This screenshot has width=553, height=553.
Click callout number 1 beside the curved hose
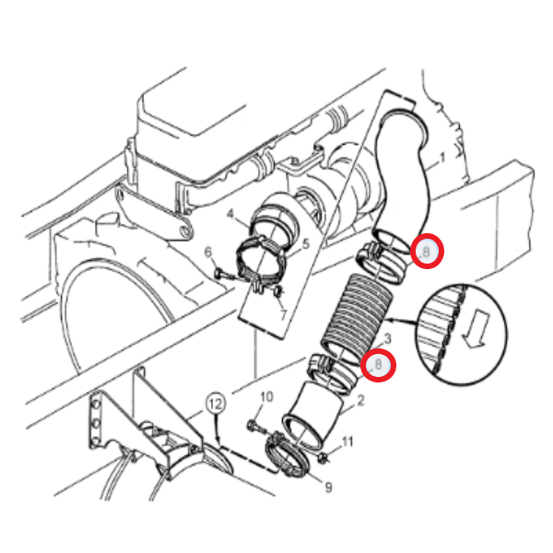pyautogui.click(x=442, y=158)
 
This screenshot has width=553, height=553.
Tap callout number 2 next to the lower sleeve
pyautogui.click(x=360, y=401)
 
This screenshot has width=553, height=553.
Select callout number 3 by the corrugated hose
pyautogui.click(x=388, y=339)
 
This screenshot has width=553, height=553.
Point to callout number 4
pyautogui.click(x=230, y=214)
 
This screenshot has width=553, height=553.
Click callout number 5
pyautogui.click(x=305, y=243)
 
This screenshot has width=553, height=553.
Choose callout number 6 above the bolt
pyautogui.click(x=208, y=253)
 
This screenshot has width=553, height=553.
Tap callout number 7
pyautogui.click(x=284, y=314)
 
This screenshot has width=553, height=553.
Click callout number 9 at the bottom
pyautogui.click(x=328, y=487)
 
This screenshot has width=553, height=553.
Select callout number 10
pyautogui.click(x=267, y=396)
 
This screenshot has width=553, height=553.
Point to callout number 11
pyautogui.click(x=347, y=441)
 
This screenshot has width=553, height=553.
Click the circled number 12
pyautogui.click(x=216, y=404)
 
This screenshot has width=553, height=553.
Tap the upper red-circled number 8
pyautogui.click(x=427, y=252)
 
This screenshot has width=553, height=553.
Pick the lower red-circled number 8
pyautogui.click(x=378, y=365)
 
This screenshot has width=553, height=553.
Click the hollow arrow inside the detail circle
pyautogui.click(x=477, y=329)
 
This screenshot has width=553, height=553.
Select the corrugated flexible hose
pyautogui.click(x=357, y=319)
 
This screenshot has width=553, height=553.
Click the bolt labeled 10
pyautogui.click(x=258, y=429)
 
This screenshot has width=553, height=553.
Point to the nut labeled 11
pyautogui.click(x=324, y=458)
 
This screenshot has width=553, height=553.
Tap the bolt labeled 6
pyautogui.click(x=223, y=274)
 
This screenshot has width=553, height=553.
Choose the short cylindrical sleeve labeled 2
pyautogui.click(x=312, y=415)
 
